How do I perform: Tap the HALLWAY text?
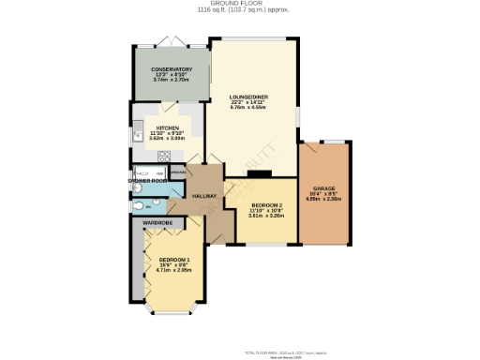tap(204, 196)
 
